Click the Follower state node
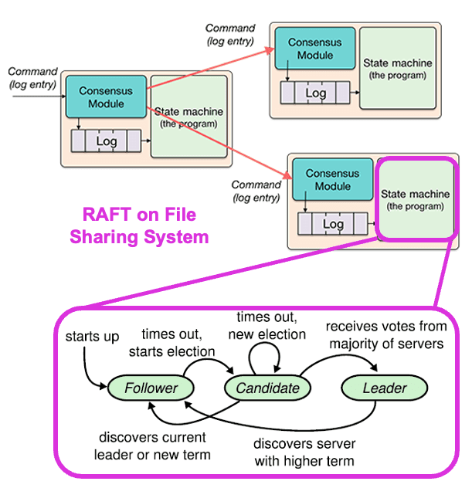point(151,388)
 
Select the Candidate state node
point(267,388)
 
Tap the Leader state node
point(384,388)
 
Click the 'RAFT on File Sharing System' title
point(139,225)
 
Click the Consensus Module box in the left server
point(105,97)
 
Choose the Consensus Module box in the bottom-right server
point(332,180)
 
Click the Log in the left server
point(107,141)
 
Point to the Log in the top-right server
point(315,93)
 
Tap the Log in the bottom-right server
point(333,224)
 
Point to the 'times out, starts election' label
point(177,342)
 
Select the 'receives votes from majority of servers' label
point(385,334)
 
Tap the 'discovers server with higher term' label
point(304,452)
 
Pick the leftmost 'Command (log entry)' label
point(32,77)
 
